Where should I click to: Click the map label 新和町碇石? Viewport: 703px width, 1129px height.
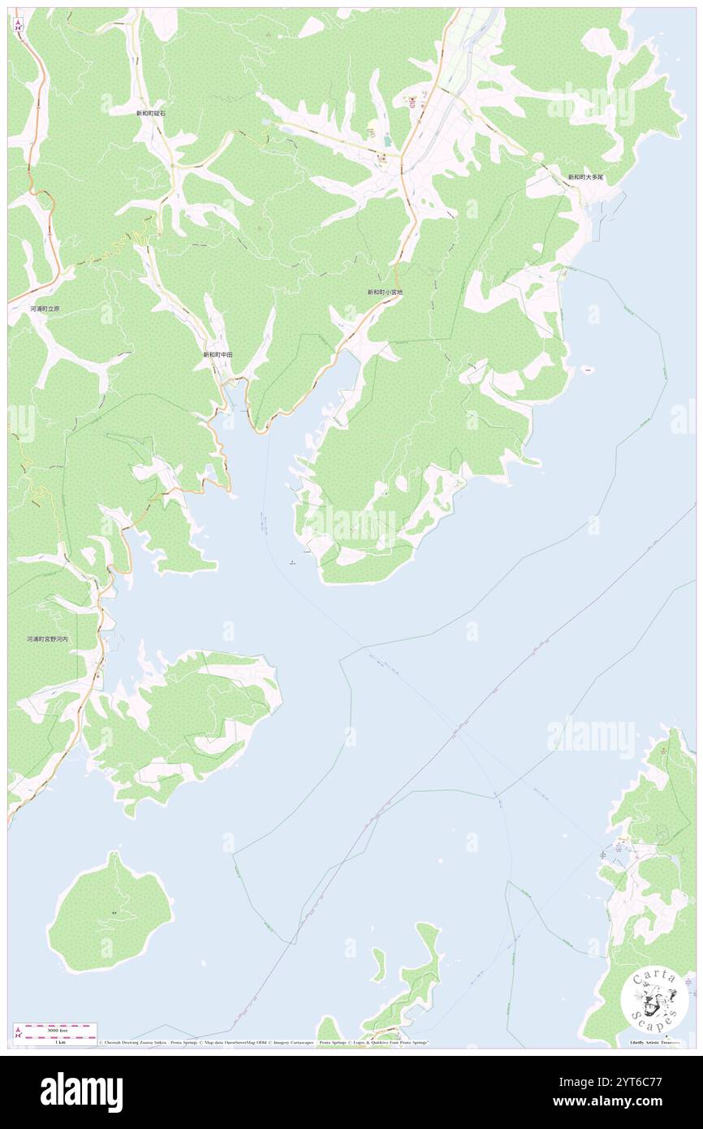151,114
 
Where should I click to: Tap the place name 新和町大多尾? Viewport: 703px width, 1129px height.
585,177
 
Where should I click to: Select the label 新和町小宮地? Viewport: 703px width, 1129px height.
385,292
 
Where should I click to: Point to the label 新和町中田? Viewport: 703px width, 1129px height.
218,355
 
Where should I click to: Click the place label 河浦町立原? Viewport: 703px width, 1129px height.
45,309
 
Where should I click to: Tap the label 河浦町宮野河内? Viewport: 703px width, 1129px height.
48,640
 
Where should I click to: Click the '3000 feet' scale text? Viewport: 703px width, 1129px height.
56,1029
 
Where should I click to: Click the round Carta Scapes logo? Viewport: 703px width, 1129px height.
655,1001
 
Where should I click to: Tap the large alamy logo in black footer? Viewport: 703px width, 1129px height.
81,1092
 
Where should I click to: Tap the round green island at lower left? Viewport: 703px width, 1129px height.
110,913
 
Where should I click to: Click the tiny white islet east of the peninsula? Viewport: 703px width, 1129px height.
588,370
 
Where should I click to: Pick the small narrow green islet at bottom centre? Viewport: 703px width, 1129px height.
378,965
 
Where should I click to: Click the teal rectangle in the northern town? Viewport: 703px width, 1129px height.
386,140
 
